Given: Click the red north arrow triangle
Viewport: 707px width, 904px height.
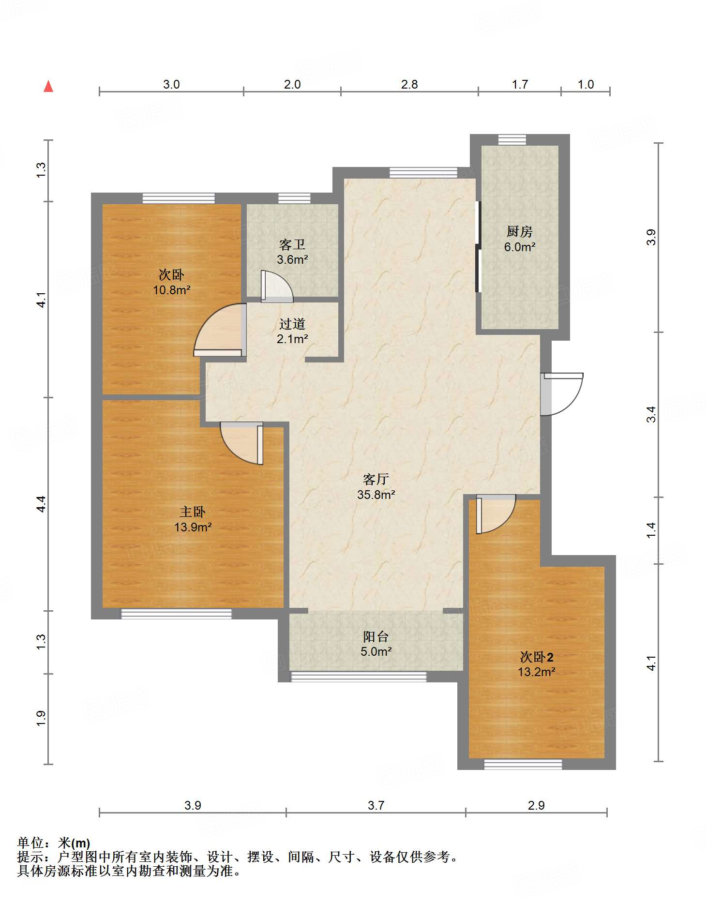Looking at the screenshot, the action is tap(48, 86).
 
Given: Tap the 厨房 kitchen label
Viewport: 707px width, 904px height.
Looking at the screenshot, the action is tap(520, 231).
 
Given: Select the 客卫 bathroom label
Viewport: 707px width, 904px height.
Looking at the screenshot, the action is tap(292, 244).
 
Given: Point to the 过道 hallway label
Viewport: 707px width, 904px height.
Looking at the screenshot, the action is tap(292, 324).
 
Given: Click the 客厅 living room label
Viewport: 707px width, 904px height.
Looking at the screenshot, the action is tap(376, 479).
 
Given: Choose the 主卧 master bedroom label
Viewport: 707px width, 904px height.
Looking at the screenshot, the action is tap(193, 512).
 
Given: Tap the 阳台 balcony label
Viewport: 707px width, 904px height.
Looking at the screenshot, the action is tap(376, 636).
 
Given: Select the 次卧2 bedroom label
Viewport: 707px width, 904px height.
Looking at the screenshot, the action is tap(537, 657).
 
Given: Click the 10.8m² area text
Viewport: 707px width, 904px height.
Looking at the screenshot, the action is tap(172, 290).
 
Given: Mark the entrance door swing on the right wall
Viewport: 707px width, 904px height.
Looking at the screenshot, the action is tap(561, 394).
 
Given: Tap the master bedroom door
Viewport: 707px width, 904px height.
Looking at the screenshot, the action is tap(241, 443).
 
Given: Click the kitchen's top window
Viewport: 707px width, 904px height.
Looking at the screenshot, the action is tap(512, 139).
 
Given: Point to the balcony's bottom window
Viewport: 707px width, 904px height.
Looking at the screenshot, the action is tap(359, 677).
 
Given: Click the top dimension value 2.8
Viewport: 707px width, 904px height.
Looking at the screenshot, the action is tap(409, 85).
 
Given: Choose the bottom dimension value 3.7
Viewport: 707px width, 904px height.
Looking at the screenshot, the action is tap(376, 805).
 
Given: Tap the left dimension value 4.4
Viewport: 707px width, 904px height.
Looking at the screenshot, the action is tap(42, 504).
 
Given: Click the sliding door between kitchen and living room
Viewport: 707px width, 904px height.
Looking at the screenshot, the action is tap(478, 247).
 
